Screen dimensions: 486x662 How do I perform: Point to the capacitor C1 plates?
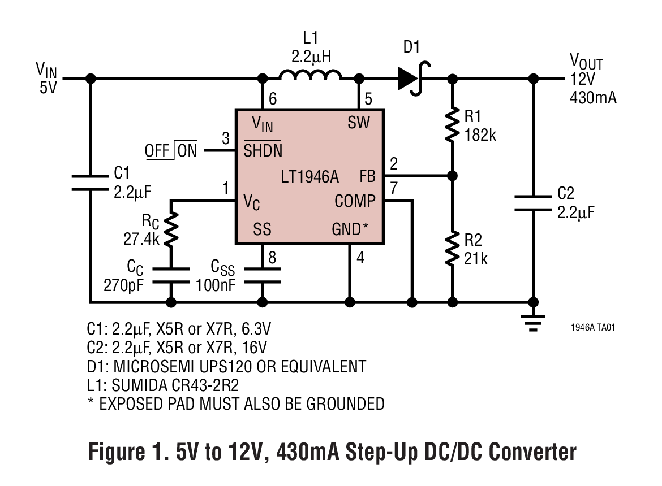click(x=90, y=182)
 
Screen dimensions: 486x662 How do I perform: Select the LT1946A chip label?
click(x=309, y=177)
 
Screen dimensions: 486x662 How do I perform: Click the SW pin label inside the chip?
click(x=359, y=123)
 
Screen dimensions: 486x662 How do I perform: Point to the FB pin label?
click(x=367, y=176)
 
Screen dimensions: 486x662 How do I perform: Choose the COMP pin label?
click(x=355, y=201)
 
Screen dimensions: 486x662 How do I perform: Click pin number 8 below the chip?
click(x=272, y=258)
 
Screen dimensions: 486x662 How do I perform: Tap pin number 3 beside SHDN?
click(x=226, y=138)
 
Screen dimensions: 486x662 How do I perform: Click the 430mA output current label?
click(x=593, y=98)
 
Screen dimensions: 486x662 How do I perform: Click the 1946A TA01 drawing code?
click(x=592, y=327)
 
